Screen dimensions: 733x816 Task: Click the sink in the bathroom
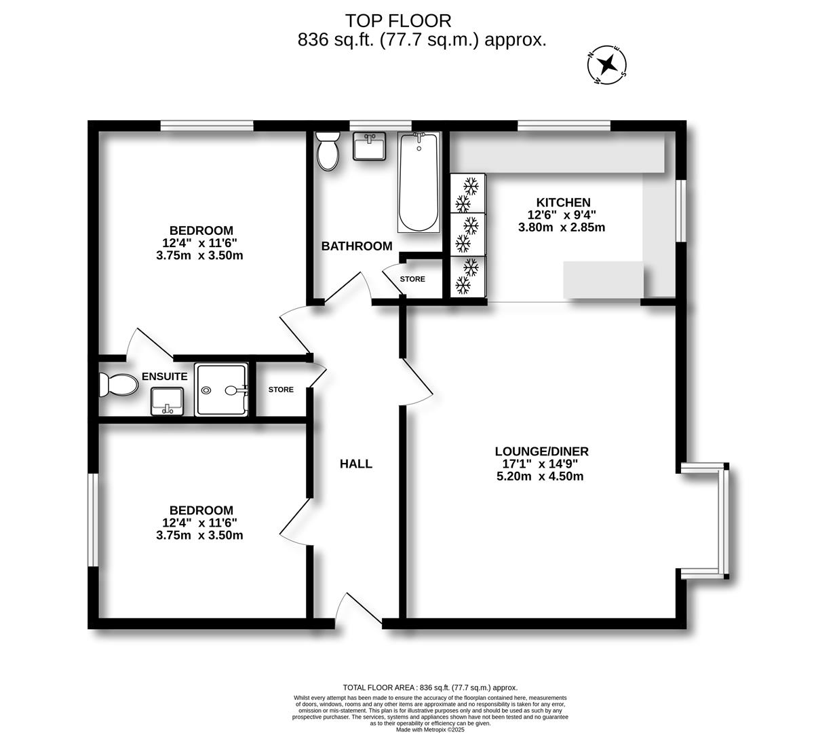click(370, 146)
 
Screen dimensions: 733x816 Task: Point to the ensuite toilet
click(117, 385)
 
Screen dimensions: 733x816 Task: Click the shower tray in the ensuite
click(221, 390)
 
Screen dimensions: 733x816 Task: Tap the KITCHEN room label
click(563, 202)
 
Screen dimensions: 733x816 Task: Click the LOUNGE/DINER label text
click(541, 451)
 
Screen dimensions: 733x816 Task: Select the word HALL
click(356, 464)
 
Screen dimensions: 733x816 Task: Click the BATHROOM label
click(357, 246)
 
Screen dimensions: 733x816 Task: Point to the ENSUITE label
click(164, 377)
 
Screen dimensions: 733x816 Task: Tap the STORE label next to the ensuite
click(281, 390)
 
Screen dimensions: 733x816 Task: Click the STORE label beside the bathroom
click(412, 279)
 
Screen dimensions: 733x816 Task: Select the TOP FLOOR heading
click(398, 21)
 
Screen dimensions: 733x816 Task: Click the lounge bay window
click(724, 521)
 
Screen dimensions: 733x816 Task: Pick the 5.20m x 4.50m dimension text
click(540, 476)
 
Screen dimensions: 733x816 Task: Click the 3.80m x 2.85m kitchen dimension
click(562, 227)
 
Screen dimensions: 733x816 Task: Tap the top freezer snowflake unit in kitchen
click(468, 193)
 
